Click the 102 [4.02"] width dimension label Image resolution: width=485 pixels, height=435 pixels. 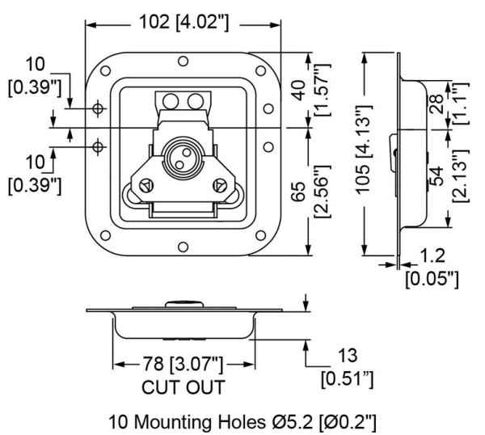184,22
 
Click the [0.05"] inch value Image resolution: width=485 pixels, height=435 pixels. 431,280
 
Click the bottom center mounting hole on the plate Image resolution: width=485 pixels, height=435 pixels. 183,247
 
